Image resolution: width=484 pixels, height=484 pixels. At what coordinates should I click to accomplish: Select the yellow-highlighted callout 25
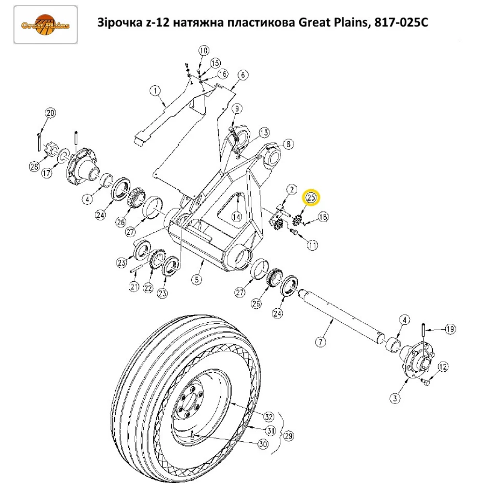point(311,197)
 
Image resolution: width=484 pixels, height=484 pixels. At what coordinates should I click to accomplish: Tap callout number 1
point(155,90)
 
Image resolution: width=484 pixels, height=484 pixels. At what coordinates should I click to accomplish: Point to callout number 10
point(203,50)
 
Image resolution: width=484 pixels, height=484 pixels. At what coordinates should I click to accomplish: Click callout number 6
point(243,75)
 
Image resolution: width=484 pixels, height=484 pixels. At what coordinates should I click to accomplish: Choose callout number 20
point(51,114)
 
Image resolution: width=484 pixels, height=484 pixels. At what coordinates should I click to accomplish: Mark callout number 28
point(33,167)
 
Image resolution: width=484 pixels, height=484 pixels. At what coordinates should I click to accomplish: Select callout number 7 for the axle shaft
point(320,342)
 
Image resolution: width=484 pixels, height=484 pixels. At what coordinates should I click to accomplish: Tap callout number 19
point(450,330)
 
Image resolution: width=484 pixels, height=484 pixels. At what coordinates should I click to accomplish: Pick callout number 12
point(443,368)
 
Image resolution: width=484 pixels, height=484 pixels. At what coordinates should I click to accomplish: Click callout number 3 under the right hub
point(396,398)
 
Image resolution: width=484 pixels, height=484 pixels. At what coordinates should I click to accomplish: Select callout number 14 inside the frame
point(236,216)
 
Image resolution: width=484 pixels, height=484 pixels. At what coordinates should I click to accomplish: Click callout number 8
point(288,144)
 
